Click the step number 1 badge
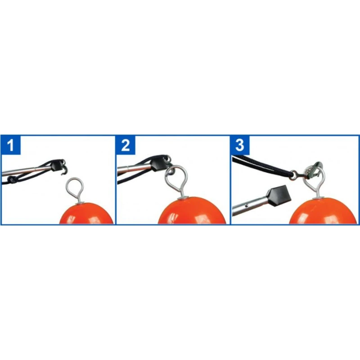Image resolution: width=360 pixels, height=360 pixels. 11,145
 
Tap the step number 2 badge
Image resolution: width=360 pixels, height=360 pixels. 126,145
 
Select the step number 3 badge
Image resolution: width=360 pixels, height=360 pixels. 240,145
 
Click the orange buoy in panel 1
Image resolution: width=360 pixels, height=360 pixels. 86,213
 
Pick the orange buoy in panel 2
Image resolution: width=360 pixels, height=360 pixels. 192,211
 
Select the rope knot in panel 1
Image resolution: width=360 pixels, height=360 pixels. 11,179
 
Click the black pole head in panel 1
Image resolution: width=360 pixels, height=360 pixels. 55,165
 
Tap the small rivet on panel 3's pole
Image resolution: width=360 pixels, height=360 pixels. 247,206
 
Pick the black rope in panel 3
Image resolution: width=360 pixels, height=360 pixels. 262,166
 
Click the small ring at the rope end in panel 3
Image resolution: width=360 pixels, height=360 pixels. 294,174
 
